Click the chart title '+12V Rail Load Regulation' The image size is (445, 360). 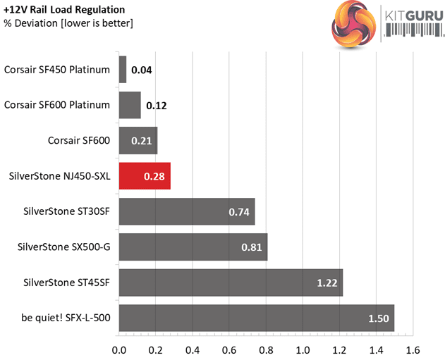point(65,10)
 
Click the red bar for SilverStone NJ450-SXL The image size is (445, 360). point(145,175)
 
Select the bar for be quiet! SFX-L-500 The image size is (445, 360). point(256,318)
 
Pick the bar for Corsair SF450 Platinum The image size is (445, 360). point(123,70)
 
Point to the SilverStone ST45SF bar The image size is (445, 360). point(231,282)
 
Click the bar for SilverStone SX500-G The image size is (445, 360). point(193,247)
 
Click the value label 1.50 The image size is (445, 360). point(378,318)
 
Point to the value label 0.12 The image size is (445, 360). point(156,106)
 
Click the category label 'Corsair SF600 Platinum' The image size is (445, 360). point(57,105)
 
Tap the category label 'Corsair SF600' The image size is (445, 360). point(80,140)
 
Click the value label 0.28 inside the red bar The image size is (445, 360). point(154,176)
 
